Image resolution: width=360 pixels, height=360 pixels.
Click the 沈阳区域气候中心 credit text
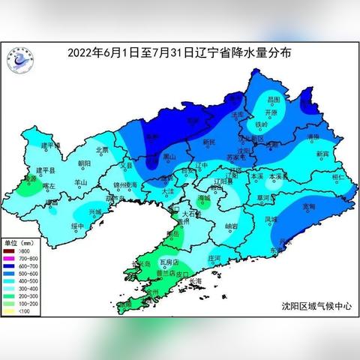(316, 306)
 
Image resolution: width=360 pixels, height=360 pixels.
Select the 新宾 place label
(322, 153)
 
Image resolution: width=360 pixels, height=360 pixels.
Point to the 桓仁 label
(338, 175)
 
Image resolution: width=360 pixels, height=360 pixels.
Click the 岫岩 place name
(232, 225)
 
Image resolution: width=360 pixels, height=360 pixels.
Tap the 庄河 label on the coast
(214, 257)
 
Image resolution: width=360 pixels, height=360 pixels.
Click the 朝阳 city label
(84, 163)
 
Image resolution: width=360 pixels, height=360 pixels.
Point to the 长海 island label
(196, 281)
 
